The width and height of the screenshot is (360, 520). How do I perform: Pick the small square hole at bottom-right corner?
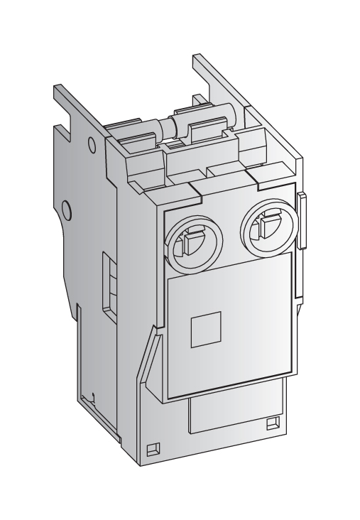click(x=271, y=424)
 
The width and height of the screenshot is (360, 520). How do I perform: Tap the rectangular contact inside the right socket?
click(x=265, y=229)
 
